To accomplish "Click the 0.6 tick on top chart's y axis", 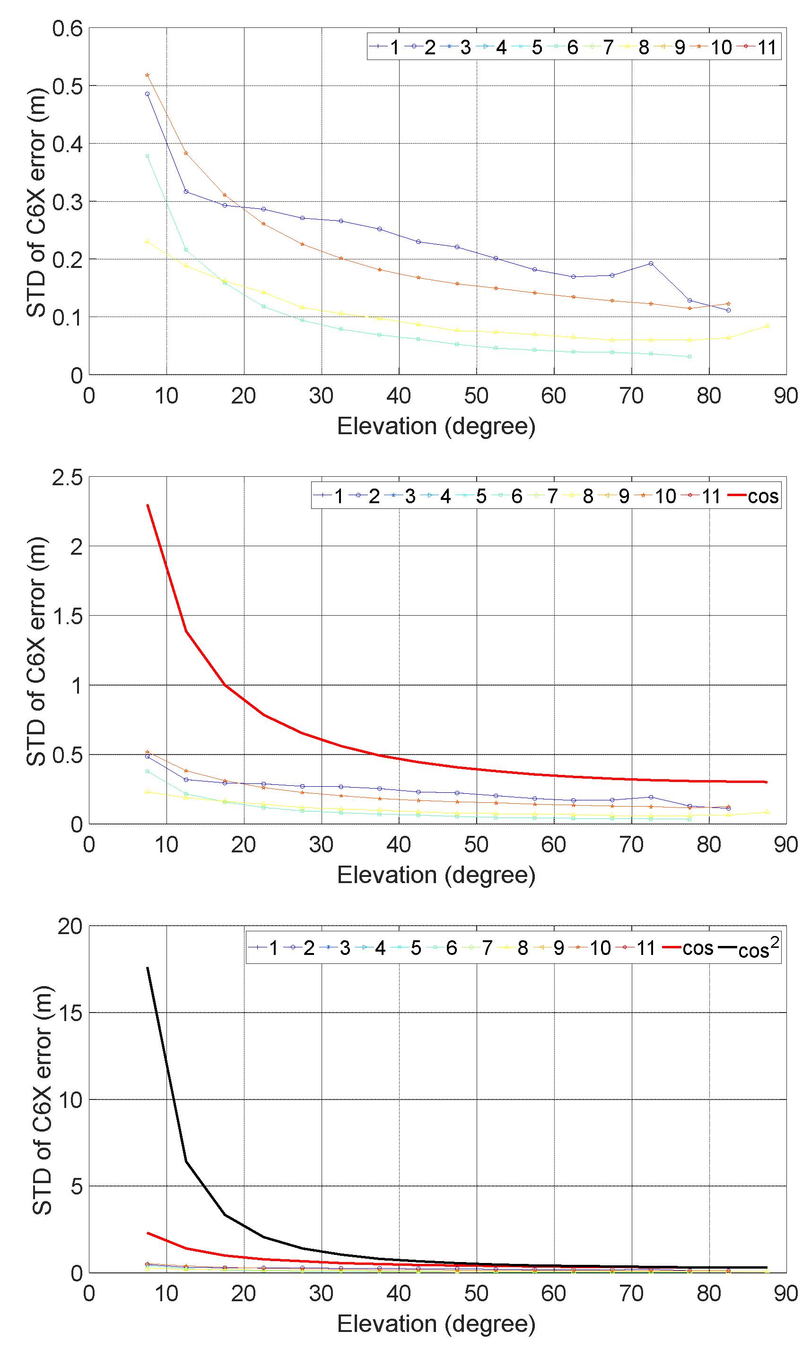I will click(67, 28).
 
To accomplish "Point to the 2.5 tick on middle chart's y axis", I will click(67, 478).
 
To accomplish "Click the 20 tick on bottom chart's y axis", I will click(70, 927).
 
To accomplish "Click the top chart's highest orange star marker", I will click(147, 75).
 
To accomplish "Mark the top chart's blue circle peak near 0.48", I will click(147, 94).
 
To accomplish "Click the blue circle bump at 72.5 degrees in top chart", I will click(650, 263).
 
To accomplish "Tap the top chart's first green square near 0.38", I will click(147, 156).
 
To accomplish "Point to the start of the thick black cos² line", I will click(148, 968).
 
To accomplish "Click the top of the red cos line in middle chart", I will click(148, 505).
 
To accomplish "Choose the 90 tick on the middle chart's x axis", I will click(785, 845).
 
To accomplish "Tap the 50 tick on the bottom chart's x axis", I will click(476, 1294).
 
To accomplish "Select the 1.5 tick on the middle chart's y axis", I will click(67, 617).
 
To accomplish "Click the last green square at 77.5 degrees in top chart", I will click(689, 357).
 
